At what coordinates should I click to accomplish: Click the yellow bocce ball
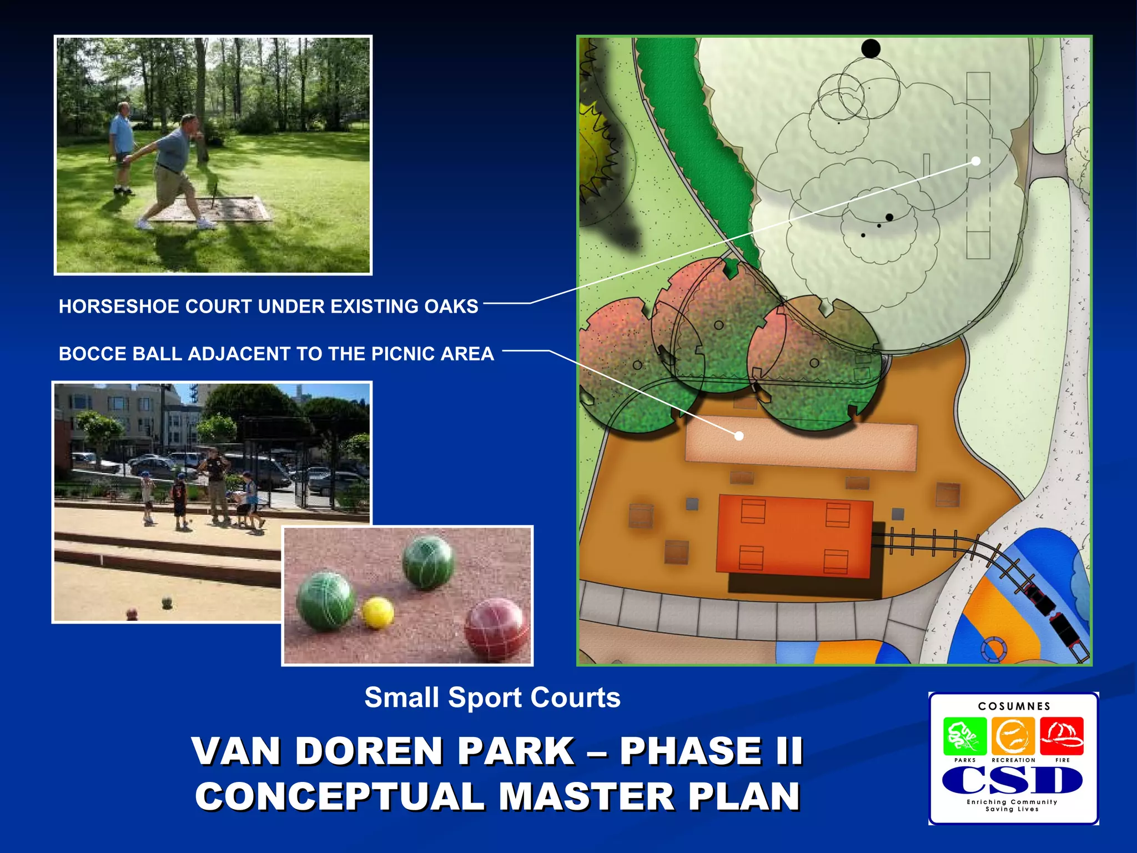(x=378, y=613)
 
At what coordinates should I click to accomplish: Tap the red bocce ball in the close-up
(x=496, y=629)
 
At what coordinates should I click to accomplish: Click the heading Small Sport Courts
(x=492, y=698)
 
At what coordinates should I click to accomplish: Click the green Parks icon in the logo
(x=965, y=735)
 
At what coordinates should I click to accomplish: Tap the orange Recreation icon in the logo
(x=1013, y=735)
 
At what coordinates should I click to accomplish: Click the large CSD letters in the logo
(x=1012, y=781)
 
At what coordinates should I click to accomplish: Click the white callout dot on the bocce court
(x=739, y=436)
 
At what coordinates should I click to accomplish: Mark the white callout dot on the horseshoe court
(x=976, y=161)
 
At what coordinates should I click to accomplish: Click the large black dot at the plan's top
(x=871, y=49)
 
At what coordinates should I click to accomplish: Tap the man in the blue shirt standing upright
(x=122, y=145)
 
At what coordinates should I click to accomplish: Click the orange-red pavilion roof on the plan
(x=794, y=536)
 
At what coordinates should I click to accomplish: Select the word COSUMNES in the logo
(x=1014, y=706)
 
